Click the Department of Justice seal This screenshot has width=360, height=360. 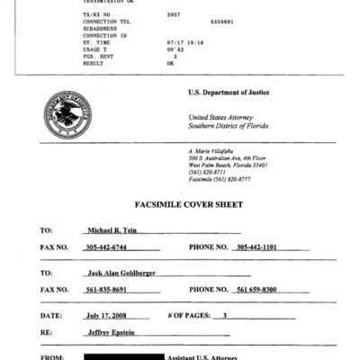pyautogui.click(x=67, y=121)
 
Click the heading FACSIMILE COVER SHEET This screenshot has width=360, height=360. pyautogui.click(x=180, y=205)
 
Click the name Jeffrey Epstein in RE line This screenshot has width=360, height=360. pyautogui.click(x=110, y=332)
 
